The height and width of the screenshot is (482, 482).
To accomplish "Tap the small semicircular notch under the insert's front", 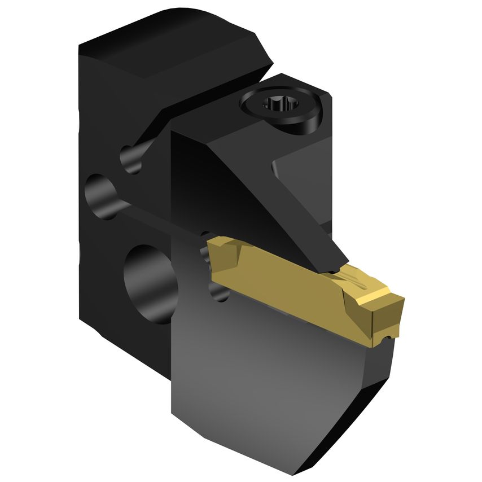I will tap(386, 338).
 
